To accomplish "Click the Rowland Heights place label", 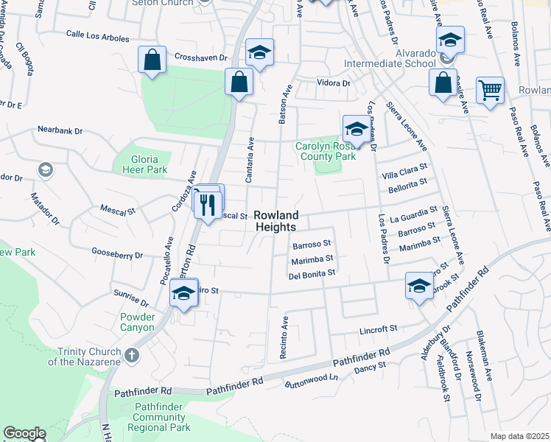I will point(276,221).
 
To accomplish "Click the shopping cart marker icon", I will point(490,91).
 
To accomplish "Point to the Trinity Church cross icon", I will point(132,357).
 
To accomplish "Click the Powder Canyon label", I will point(138,322).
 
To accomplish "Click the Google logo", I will point(24,433).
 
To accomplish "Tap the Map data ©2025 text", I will point(519,436).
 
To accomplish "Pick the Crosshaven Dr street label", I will point(201,57).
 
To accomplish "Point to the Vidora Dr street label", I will point(333,83).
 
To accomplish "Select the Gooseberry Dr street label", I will point(116,253).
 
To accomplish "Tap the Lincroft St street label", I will point(378,328).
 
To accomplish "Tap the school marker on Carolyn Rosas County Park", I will point(356,128).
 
